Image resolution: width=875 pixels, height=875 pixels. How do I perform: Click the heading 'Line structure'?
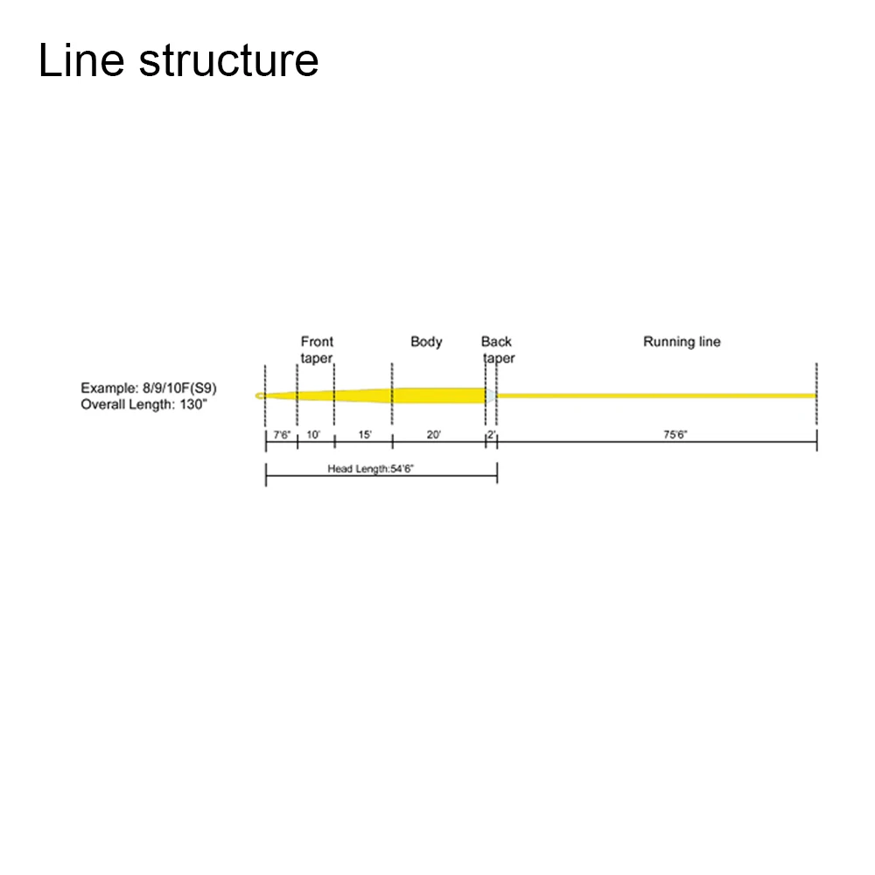[x=178, y=61]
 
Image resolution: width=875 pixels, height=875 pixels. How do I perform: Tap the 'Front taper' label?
[x=317, y=350]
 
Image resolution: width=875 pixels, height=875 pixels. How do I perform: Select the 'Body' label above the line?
[x=426, y=341]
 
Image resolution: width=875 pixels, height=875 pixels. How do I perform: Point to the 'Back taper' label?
[x=497, y=350]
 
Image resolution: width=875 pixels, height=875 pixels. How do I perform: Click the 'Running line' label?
[x=682, y=341]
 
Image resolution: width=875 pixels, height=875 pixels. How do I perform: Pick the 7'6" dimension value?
[x=282, y=435]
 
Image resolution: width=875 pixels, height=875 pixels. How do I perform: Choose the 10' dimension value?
[x=313, y=435]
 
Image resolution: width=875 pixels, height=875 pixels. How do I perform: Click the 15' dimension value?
[x=365, y=435]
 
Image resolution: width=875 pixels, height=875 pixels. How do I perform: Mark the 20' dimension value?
[x=433, y=435]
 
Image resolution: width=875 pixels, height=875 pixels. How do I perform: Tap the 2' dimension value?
[x=492, y=435]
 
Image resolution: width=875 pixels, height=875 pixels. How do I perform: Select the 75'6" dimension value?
[x=675, y=435]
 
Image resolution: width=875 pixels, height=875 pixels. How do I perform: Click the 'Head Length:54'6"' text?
[x=370, y=469]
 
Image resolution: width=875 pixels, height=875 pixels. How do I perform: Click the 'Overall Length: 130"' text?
[x=144, y=404]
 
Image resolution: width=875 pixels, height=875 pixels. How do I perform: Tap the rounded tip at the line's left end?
[x=260, y=396]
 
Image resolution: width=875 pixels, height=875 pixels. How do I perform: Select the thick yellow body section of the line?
[x=437, y=395]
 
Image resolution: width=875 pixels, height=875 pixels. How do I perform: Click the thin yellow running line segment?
[x=656, y=395]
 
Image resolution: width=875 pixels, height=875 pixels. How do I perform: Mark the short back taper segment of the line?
[x=491, y=396]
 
